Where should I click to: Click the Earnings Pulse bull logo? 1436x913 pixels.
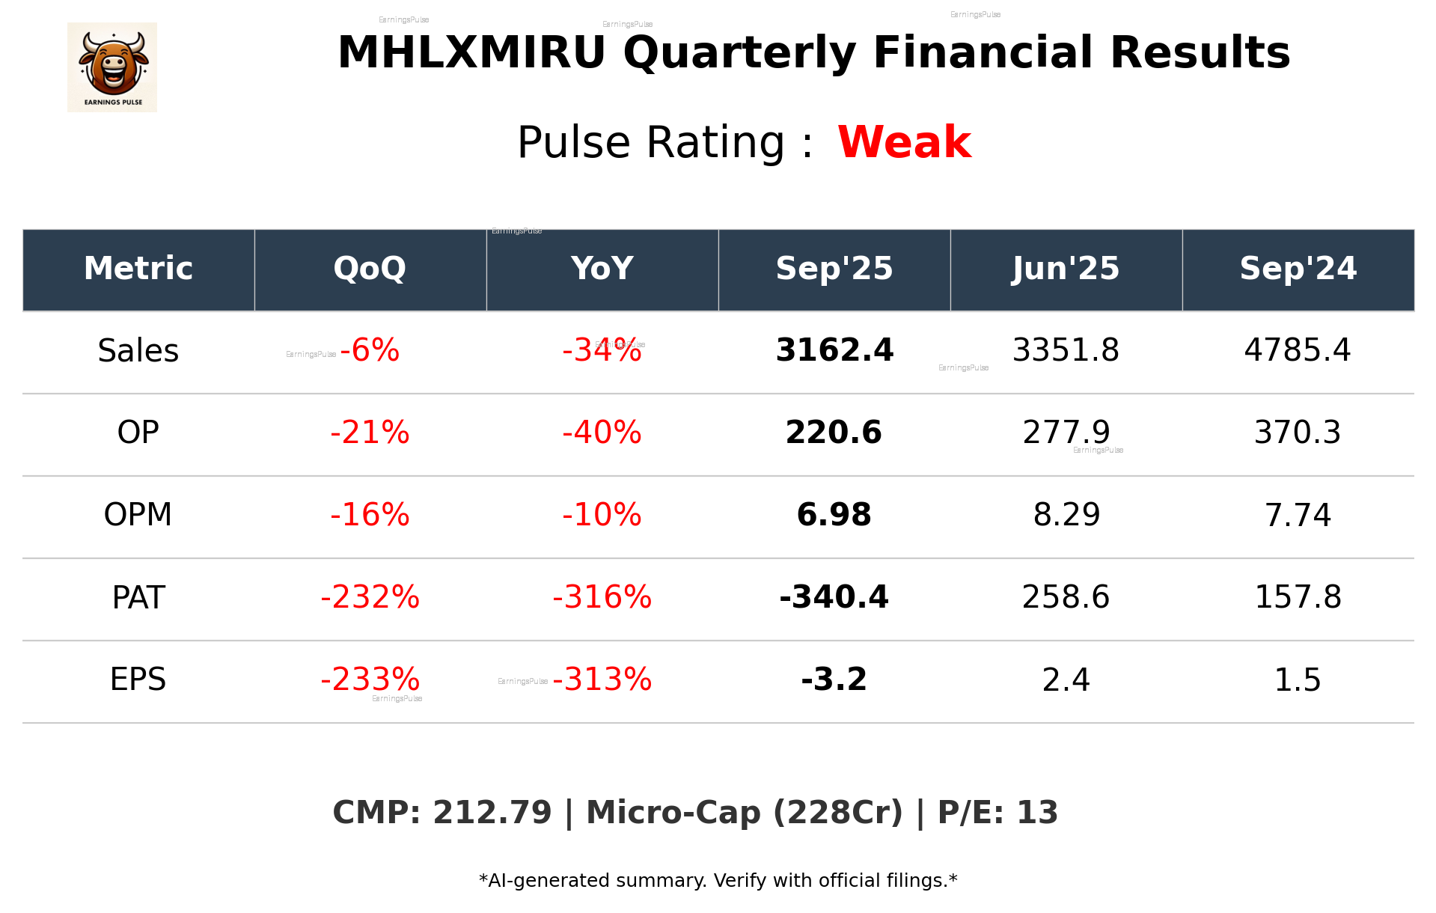coord(112,67)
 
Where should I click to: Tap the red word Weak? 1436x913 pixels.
coord(904,142)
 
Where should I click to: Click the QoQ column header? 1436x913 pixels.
coord(370,269)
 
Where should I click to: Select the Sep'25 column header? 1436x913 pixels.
coord(834,269)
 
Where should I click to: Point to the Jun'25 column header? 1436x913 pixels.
coord(1066,269)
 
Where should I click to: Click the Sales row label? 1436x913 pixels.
coord(138,351)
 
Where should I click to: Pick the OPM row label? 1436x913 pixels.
coord(138,515)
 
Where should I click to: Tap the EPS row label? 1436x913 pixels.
coord(138,680)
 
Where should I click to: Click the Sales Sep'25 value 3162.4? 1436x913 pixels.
coord(834,350)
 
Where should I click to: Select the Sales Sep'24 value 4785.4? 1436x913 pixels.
coord(1298,350)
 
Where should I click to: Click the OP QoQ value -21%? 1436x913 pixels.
coord(370,433)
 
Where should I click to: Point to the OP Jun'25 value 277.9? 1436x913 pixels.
coord(1066,433)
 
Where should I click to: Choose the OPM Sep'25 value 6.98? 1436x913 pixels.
coord(834,515)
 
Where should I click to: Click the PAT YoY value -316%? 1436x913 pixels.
coord(602,597)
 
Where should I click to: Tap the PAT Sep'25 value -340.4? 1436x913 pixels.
coord(834,597)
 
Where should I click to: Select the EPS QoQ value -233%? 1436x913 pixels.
coord(370,680)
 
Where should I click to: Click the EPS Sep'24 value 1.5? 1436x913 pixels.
coord(1298,680)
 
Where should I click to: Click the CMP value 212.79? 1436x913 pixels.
coord(492,813)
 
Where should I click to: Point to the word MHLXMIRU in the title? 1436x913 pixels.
coord(471,53)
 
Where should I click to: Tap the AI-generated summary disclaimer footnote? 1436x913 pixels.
coord(718,881)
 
